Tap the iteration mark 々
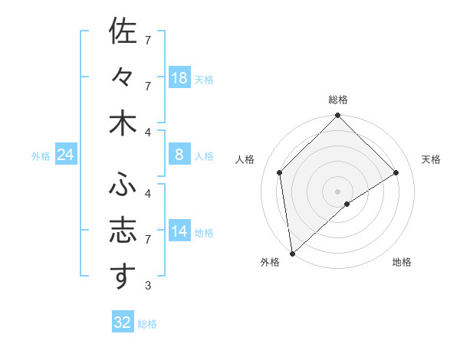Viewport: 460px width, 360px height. (x=123, y=78)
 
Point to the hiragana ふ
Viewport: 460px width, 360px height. (x=123, y=185)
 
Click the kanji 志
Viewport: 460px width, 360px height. (x=123, y=231)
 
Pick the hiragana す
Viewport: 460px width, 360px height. (x=123, y=277)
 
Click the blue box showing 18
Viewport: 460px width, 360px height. (x=179, y=78)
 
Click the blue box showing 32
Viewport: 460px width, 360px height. (x=123, y=322)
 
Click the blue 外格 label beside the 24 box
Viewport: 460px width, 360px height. (x=41, y=156)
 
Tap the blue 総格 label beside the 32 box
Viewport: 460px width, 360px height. (x=148, y=324)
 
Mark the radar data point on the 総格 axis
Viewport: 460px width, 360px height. (x=337, y=116)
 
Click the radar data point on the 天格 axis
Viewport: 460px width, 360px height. (x=396, y=172)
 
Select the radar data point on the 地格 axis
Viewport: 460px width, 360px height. (x=347, y=204)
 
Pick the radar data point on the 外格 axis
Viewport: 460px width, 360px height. (x=292, y=253)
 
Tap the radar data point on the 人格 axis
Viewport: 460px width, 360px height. (x=280, y=172)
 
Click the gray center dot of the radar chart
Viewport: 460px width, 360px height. (x=337, y=191)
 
